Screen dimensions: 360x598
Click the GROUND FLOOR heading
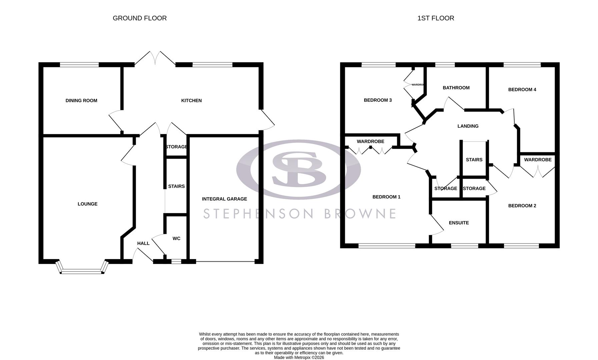pos(139,18)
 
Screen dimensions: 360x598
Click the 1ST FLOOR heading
pos(436,18)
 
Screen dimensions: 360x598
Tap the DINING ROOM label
pos(81,101)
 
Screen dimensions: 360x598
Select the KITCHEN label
pos(191,101)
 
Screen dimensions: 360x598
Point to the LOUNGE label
pos(87,204)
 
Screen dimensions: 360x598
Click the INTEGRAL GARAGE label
pos(224,199)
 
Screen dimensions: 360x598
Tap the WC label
pos(176,238)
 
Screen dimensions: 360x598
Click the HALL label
pos(143,243)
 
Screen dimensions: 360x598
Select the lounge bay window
pos(82,271)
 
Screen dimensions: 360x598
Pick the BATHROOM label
pos(456,88)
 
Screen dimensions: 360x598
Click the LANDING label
pos(468,126)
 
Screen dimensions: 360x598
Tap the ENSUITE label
pos(459,223)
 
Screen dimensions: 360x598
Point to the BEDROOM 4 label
pos(522,89)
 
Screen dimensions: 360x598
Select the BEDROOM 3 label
pos(378,100)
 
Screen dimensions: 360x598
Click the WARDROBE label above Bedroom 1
pos(370,141)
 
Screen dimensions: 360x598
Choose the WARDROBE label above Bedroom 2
pos(538,160)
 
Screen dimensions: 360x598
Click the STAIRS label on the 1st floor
pos(474,160)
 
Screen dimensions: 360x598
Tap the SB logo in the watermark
pos(298,169)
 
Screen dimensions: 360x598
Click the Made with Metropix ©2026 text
pos(299,357)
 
